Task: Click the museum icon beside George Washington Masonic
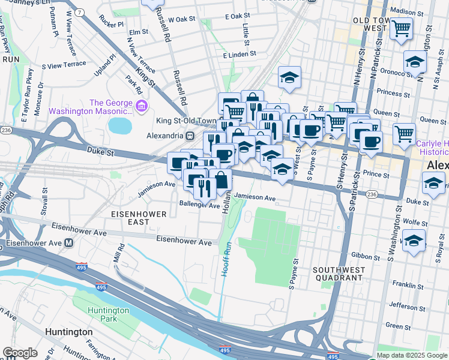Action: click(x=142, y=107)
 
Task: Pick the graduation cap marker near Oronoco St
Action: click(x=414, y=62)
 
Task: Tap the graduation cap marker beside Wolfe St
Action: click(x=414, y=241)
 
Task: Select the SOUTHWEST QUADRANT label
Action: click(x=338, y=274)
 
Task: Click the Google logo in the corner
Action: click(x=20, y=353)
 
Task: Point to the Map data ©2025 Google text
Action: click(x=411, y=355)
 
